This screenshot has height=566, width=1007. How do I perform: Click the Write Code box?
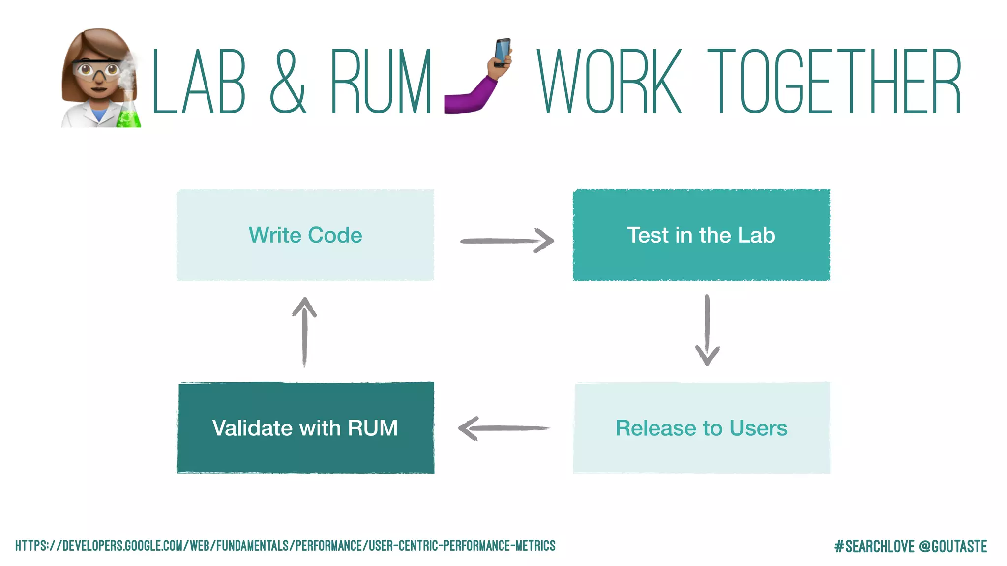(305, 235)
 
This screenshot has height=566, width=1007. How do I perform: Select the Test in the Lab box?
(701, 235)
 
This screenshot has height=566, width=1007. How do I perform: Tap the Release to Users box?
(701, 427)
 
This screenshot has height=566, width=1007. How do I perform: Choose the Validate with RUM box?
(305, 427)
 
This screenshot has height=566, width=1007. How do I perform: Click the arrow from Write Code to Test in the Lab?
(506, 241)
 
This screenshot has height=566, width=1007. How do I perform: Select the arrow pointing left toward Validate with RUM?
(503, 428)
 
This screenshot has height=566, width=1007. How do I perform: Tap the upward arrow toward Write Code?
(304, 331)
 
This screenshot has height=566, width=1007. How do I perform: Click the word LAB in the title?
(199, 82)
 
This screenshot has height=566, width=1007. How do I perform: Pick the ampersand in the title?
(288, 82)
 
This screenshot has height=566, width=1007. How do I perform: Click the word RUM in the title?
(381, 82)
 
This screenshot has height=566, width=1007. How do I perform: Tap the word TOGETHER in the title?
(834, 82)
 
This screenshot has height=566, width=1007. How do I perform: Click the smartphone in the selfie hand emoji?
(502, 52)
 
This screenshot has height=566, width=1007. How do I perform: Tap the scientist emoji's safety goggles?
(96, 69)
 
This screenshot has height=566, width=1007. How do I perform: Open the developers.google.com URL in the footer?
(285, 546)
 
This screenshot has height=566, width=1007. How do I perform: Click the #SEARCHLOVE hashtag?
(874, 546)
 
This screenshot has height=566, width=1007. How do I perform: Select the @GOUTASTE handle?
(952, 546)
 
